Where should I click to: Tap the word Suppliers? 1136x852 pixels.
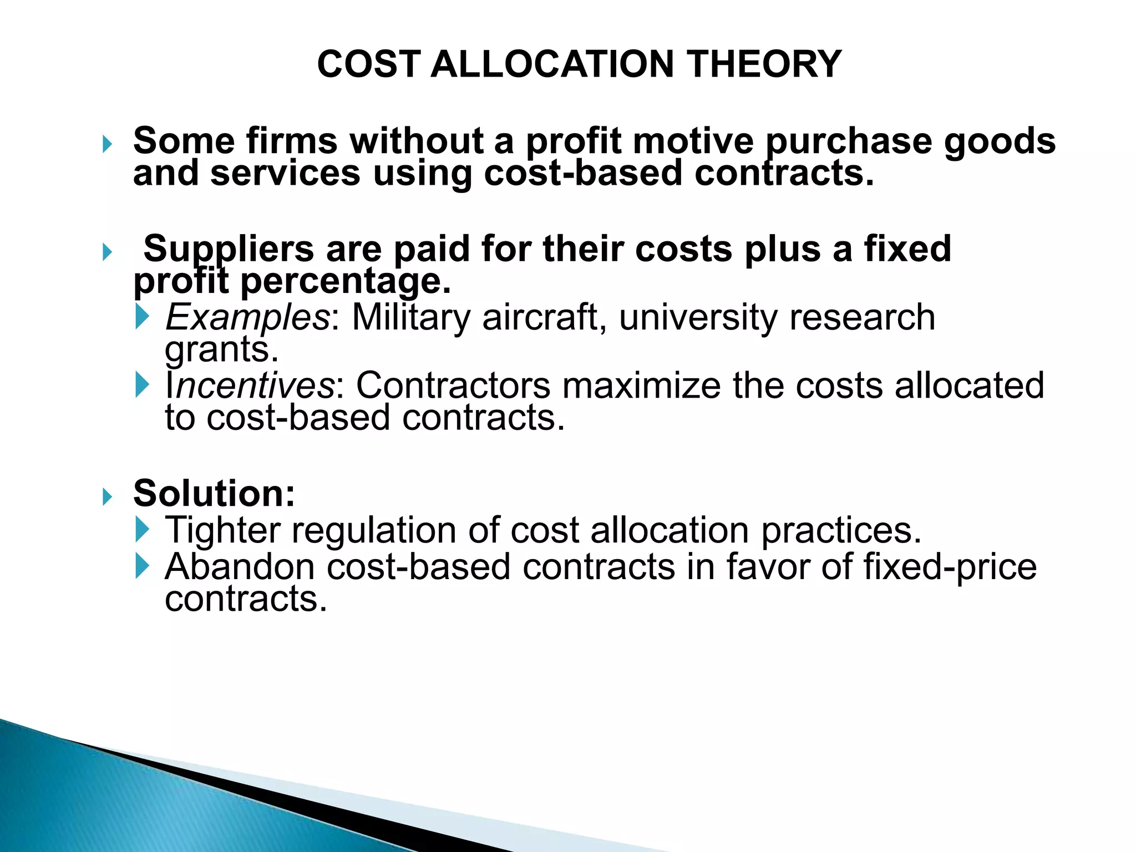click(x=229, y=249)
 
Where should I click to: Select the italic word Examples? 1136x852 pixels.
click(x=247, y=318)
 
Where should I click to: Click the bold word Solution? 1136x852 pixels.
click(x=214, y=493)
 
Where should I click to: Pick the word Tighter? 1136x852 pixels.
click(x=222, y=530)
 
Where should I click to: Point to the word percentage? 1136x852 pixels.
click(x=346, y=282)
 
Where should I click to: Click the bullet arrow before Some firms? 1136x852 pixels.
click(x=108, y=145)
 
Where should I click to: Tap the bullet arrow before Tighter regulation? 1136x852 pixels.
click(x=143, y=530)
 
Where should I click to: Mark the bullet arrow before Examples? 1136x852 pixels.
click(x=143, y=317)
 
